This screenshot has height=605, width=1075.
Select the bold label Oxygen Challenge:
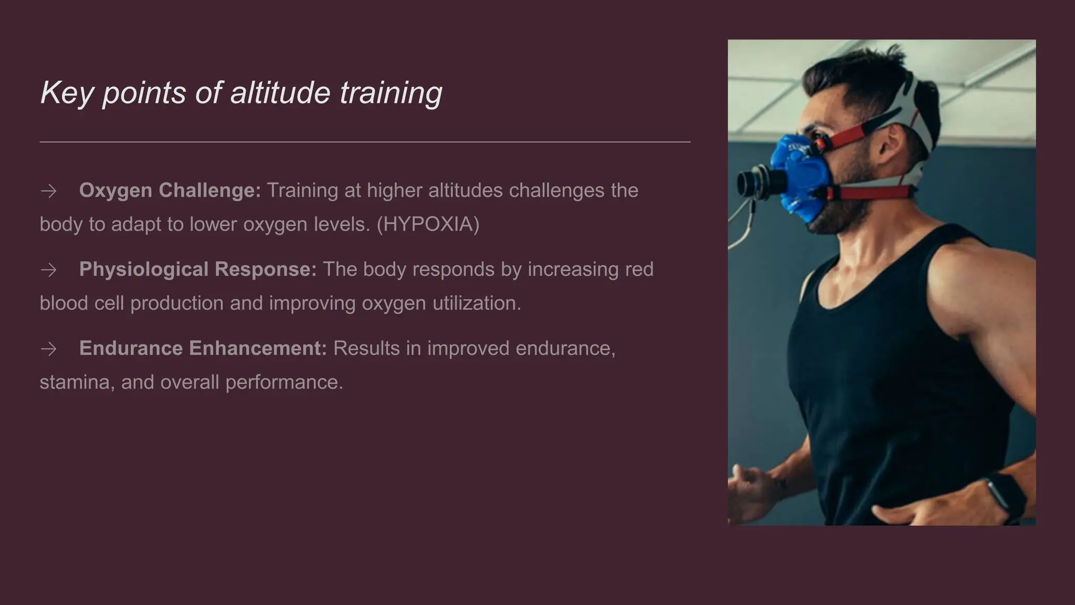pos(170,190)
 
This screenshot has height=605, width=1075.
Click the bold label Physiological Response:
pos(198,269)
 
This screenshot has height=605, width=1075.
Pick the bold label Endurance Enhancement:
pos(203,348)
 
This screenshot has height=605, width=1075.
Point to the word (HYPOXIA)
pos(428,224)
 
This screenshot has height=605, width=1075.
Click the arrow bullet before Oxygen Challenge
pos(49,191)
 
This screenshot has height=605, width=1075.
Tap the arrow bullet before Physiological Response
pos(49,270)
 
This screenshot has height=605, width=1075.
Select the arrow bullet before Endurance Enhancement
pos(49,349)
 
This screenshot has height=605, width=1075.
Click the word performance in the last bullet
pos(284,382)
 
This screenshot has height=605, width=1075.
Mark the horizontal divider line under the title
pos(365,142)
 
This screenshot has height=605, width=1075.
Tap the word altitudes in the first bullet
pos(465,190)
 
